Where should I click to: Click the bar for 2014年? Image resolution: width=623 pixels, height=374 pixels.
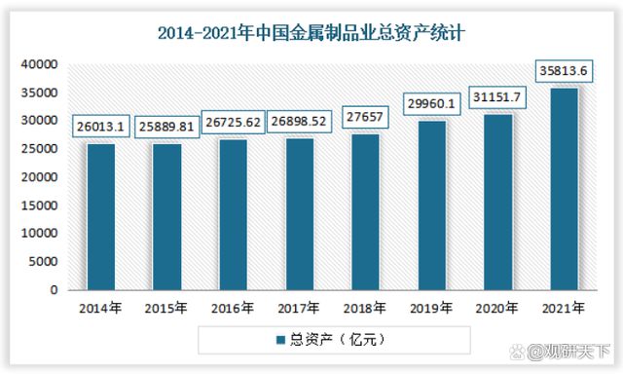click(100, 217)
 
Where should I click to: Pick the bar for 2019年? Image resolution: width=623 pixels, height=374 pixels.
click(431, 206)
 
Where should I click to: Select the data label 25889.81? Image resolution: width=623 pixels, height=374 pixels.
click(166, 126)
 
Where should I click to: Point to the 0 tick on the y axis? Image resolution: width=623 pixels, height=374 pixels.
click(54, 290)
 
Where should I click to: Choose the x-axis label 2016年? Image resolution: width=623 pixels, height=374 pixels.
click(233, 310)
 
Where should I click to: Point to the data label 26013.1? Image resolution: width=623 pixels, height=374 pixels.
click(100, 126)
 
